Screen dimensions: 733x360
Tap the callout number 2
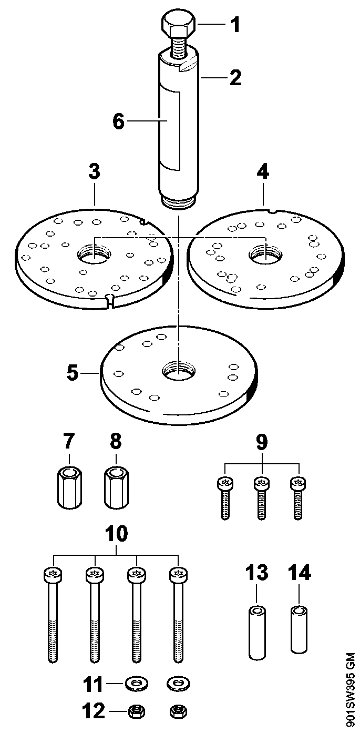(234, 77)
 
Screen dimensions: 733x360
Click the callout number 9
(262, 442)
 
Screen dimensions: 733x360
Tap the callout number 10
(116, 534)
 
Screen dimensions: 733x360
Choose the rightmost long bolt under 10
(178, 615)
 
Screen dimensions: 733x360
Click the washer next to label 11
(137, 684)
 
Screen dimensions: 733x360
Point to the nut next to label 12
(137, 712)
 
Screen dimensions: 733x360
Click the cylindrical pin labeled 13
(256, 633)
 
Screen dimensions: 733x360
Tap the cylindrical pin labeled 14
(299, 631)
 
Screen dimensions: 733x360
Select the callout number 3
(94, 172)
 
